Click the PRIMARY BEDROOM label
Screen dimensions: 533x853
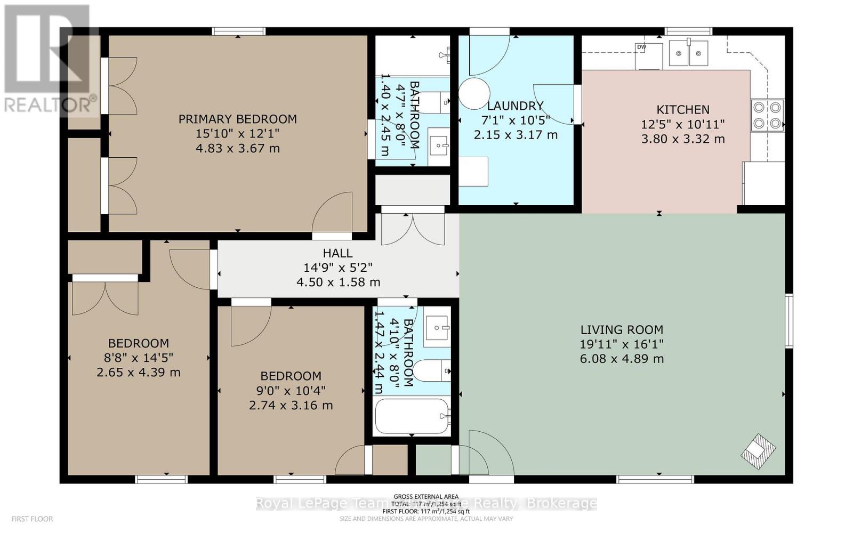(237, 119)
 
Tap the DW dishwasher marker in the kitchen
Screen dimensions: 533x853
(641, 47)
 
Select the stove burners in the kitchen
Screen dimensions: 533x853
(767, 116)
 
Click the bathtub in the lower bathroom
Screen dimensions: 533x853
(412, 417)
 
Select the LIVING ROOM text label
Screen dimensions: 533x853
(622, 330)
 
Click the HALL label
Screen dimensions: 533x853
(337, 253)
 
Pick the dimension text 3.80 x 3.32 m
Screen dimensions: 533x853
(683, 139)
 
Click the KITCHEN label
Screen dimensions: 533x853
(683, 110)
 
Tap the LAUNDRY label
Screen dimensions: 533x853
(515, 106)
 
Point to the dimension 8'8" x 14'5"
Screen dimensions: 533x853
(139, 358)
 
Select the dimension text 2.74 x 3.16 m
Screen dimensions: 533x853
(291, 405)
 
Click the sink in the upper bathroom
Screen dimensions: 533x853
(439, 144)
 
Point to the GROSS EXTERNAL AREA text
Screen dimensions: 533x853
(426, 497)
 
